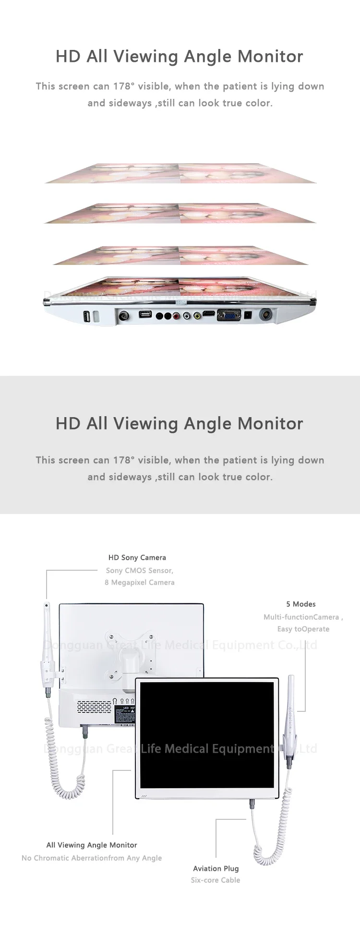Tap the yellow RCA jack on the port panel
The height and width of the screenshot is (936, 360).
[x=197, y=316]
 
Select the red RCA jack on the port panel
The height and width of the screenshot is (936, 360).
[x=178, y=316]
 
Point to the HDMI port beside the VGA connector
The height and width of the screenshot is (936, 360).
[x=209, y=314]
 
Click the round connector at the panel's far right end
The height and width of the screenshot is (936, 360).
[x=265, y=315]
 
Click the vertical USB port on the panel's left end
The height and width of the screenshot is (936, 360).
[x=86, y=316]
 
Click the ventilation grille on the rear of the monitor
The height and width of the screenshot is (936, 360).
[x=94, y=706]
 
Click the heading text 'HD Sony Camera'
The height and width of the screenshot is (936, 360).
[x=137, y=557]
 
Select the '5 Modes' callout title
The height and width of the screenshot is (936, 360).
[x=301, y=604]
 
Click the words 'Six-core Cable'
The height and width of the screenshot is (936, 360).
[x=216, y=880]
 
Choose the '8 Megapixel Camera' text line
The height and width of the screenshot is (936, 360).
[x=140, y=582]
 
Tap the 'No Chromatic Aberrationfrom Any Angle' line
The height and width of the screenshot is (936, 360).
[x=92, y=858]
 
